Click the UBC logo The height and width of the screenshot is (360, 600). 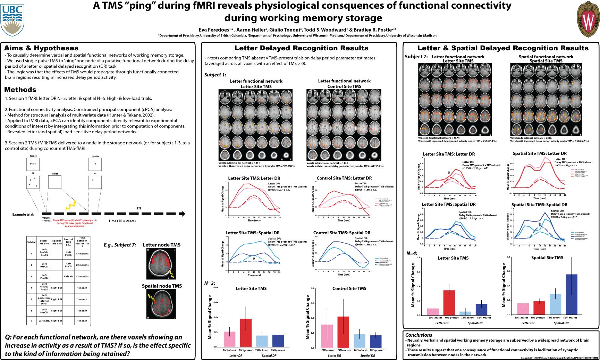(12, 19)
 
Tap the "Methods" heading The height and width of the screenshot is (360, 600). (20, 90)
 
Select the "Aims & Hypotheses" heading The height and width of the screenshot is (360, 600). (41, 48)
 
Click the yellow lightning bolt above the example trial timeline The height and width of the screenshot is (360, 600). (71, 206)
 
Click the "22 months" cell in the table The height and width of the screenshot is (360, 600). (82, 265)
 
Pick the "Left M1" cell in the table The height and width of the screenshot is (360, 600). (68, 276)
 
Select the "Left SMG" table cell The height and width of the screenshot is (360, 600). (44, 321)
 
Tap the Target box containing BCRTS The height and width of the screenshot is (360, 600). (33, 164)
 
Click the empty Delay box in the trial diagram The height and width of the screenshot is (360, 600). (55, 182)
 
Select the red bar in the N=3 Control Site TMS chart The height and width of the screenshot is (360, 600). (343, 332)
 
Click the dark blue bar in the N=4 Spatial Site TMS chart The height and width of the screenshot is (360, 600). (572, 294)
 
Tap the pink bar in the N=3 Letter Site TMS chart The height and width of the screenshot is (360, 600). (229, 339)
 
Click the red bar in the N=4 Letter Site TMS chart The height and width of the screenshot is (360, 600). (449, 303)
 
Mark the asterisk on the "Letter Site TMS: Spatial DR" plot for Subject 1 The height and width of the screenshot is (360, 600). (254, 259)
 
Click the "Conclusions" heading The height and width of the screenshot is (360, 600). (419, 335)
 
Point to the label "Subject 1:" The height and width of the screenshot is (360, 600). (215, 75)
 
